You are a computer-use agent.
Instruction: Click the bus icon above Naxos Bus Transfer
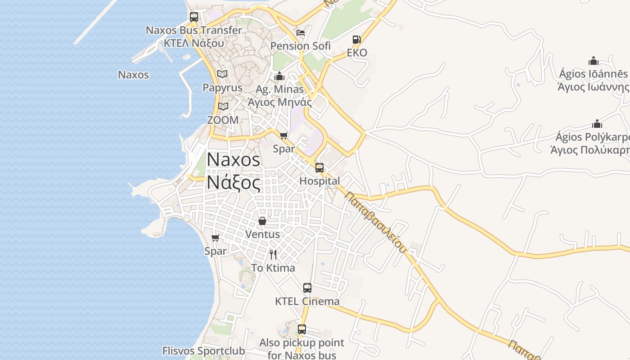pyautogui.click(x=194, y=17)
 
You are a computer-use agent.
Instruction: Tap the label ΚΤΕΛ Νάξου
pyautogui.click(x=193, y=43)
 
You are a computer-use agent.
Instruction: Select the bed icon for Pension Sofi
pyautogui.click(x=300, y=33)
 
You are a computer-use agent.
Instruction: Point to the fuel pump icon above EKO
pyautogui.click(x=356, y=40)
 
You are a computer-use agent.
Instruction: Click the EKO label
pyautogui.click(x=357, y=53)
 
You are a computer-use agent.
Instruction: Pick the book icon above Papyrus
pyautogui.click(x=222, y=74)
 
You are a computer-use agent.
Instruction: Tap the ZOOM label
pyautogui.click(x=223, y=120)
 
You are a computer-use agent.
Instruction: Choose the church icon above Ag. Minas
pyautogui.click(x=279, y=76)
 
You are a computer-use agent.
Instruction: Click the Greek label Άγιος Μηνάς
pyautogui.click(x=279, y=102)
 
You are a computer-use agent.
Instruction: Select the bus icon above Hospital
pyautogui.click(x=319, y=168)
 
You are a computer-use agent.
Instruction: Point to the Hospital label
pyautogui.click(x=319, y=181)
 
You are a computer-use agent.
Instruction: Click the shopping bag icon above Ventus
pyautogui.click(x=262, y=221)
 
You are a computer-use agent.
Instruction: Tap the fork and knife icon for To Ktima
pyautogui.click(x=273, y=255)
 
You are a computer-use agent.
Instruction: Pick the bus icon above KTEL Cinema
pyautogui.click(x=307, y=288)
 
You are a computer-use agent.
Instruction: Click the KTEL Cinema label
pyautogui.click(x=307, y=301)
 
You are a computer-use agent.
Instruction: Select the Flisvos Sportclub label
pyautogui.click(x=203, y=351)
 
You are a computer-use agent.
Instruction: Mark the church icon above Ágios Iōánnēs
pyautogui.click(x=594, y=61)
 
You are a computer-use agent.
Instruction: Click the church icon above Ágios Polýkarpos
pyautogui.click(x=597, y=124)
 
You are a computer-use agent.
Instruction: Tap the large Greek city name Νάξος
pyautogui.click(x=233, y=183)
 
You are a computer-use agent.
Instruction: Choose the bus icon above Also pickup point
pyautogui.click(x=302, y=329)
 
